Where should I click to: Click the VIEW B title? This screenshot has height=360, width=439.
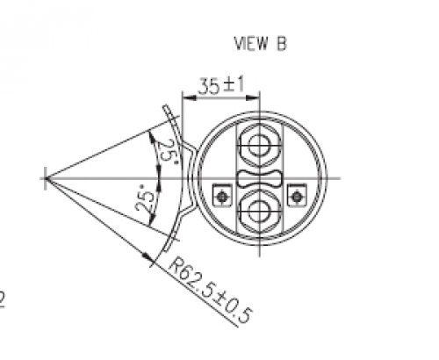(x=260, y=44)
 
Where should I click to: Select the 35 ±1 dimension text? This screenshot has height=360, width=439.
(x=221, y=85)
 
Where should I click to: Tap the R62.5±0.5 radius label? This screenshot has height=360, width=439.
(x=211, y=290)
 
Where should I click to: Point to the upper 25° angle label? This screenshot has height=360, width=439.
(x=168, y=154)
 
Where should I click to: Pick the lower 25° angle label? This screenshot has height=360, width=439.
(x=145, y=198)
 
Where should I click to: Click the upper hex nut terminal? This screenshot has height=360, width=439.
(x=260, y=146)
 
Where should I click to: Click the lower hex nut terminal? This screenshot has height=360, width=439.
(x=260, y=211)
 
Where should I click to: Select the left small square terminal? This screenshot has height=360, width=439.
(x=222, y=196)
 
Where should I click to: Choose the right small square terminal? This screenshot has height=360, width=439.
(x=297, y=196)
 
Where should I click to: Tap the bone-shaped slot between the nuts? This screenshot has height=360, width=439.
(x=260, y=178)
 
